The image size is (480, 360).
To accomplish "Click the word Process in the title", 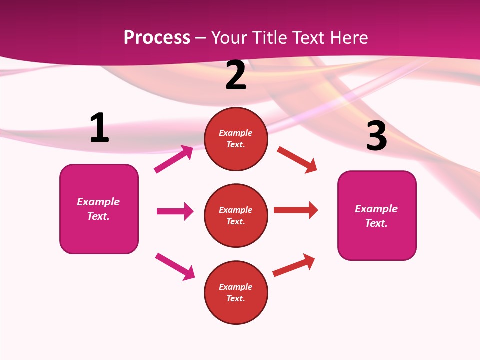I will [157, 38].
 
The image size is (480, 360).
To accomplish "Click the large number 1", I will [99, 128].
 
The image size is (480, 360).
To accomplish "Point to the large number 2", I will [236, 75].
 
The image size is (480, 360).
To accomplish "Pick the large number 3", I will [376, 136].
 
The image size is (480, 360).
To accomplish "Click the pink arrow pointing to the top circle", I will [174, 159].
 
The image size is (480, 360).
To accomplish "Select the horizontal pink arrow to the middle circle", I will [175, 211].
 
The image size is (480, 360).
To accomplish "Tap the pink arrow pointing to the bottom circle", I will [175, 266].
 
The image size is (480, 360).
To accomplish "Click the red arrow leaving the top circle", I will [297, 159].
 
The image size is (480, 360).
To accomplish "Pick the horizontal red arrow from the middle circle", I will [296, 210].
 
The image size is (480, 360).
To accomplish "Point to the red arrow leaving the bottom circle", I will [294, 265].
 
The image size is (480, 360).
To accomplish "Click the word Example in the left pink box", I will [98, 202].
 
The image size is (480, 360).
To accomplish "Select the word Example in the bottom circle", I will [236, 287].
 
